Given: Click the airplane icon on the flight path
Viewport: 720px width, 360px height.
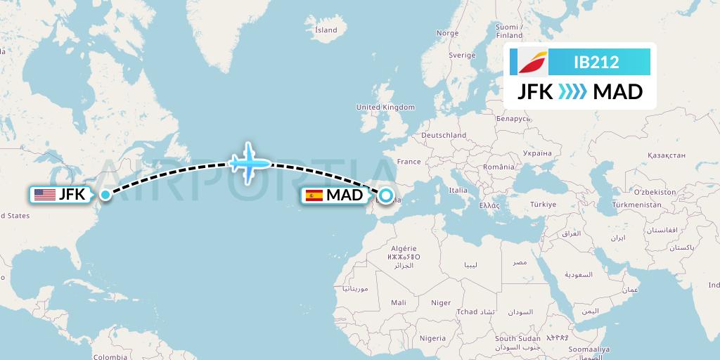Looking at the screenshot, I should click(x=250, y=163).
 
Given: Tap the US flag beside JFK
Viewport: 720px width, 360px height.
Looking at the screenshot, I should click(x=44, y=195).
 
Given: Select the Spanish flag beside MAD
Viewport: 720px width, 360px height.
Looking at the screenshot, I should click(x=314, y=195).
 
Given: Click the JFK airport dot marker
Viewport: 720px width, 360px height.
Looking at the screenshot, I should click(x=105, y=195).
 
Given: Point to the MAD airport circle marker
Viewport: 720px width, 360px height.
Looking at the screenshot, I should click(x=386, y=195).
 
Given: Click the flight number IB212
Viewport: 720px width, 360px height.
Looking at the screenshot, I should click(x=596, y=62).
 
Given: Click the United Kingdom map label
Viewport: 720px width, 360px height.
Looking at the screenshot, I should click(x=386, y=107).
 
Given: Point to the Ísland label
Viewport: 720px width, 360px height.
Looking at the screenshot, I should click(x=326, y=30).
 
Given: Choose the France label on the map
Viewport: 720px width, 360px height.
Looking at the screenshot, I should click(x=409, y=162).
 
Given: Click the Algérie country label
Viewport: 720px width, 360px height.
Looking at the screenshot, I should click(x=403, y=248).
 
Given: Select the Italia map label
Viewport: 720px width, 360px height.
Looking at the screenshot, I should click(x=458, y=190).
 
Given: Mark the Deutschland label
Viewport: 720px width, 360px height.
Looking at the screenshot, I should click(x=444, y=135).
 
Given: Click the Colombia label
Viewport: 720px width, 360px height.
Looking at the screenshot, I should click(x=110, y=356).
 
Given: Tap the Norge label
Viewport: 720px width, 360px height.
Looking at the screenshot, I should click(x=447, y=33).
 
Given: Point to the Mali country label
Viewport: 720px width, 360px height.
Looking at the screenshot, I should click(x=399, y=302).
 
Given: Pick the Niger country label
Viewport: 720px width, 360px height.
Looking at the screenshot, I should click(x=441, y=302).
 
